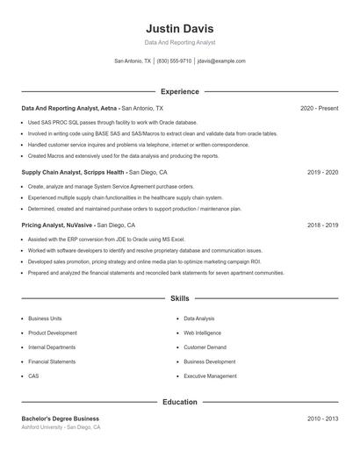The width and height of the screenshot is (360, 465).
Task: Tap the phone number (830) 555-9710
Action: coord(174,61)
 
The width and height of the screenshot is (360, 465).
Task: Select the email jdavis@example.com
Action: coord(221,61)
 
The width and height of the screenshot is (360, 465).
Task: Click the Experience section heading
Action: coord(180,91)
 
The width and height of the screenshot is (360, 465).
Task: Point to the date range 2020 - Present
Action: coord(319,108)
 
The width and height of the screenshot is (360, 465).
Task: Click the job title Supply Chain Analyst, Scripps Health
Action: coord(73,173)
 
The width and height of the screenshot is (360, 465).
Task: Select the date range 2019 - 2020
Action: coord(322,173)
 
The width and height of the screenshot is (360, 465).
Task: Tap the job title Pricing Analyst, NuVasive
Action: coord(57,225)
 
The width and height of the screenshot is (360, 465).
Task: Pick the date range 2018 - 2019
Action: coord(322,225)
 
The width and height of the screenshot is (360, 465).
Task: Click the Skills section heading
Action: coord(180,299)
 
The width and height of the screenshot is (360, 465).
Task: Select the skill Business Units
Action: coord(45,319)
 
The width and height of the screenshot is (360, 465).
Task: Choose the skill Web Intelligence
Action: coord(203,333)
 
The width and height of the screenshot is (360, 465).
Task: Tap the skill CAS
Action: coord(33,376)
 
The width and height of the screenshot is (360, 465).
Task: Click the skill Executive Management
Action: coord(210,376)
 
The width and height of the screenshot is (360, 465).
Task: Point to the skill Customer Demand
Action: coord(205,347)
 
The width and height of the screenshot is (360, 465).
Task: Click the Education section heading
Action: coord(180,402)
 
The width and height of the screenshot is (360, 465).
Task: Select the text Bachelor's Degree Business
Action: coord(60,418)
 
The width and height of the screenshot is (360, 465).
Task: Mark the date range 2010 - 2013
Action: coord(322,418)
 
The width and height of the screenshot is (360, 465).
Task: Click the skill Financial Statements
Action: coord(52,361)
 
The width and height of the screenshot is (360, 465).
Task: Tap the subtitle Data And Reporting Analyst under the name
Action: coord(180,42)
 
